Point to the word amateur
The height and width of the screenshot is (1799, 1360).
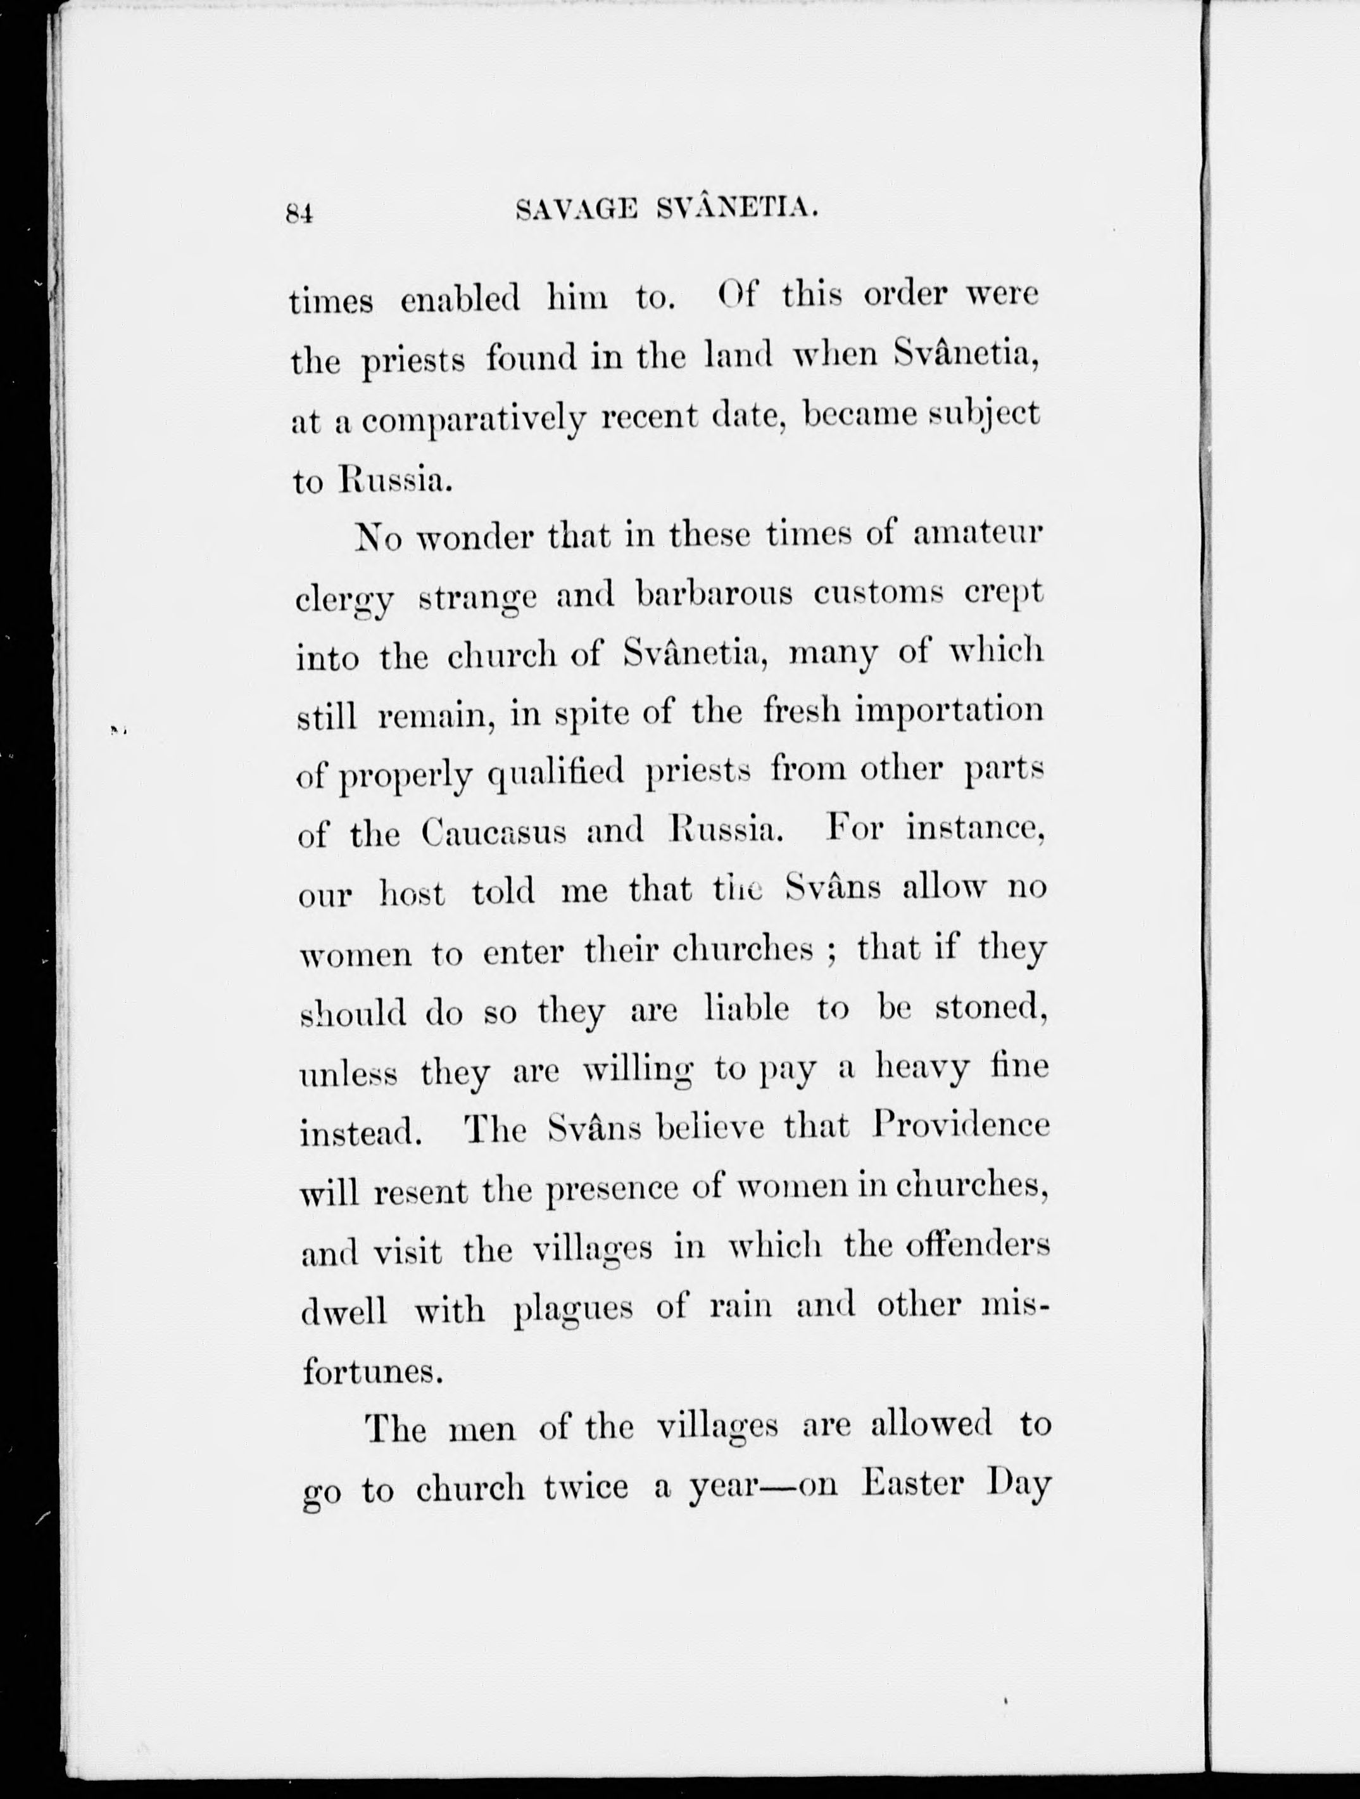[x=978, y=535]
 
